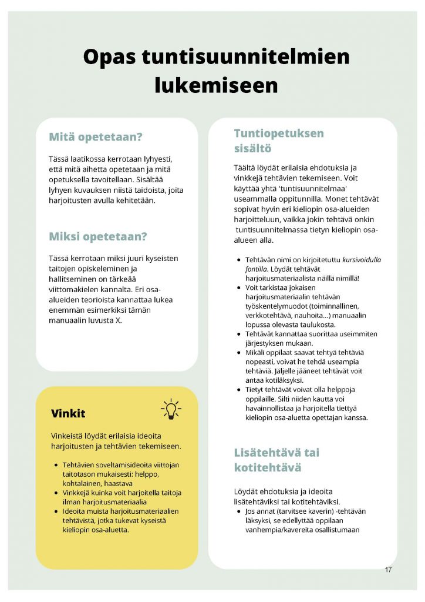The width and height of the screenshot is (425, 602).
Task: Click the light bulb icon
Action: (171, 409)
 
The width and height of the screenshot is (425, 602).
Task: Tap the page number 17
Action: (388, 570)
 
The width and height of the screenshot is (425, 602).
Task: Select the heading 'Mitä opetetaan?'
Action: (96, 137)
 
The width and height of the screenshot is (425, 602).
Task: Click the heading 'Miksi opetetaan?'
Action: (97, 236)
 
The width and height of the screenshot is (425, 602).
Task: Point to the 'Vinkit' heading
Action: (68, 413)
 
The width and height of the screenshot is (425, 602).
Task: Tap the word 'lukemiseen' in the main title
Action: (216, 85)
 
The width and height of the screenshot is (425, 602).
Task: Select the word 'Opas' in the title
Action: (109, 57)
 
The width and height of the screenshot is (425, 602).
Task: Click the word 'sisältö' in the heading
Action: (252, 149)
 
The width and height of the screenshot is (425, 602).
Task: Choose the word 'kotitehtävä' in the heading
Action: (268, 468)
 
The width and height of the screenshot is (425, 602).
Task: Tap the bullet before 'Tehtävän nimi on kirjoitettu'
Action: (238, 259)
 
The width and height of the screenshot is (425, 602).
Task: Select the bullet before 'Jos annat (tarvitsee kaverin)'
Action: (238, 511)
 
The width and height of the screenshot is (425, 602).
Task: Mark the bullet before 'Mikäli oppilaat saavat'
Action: (238, 352)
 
